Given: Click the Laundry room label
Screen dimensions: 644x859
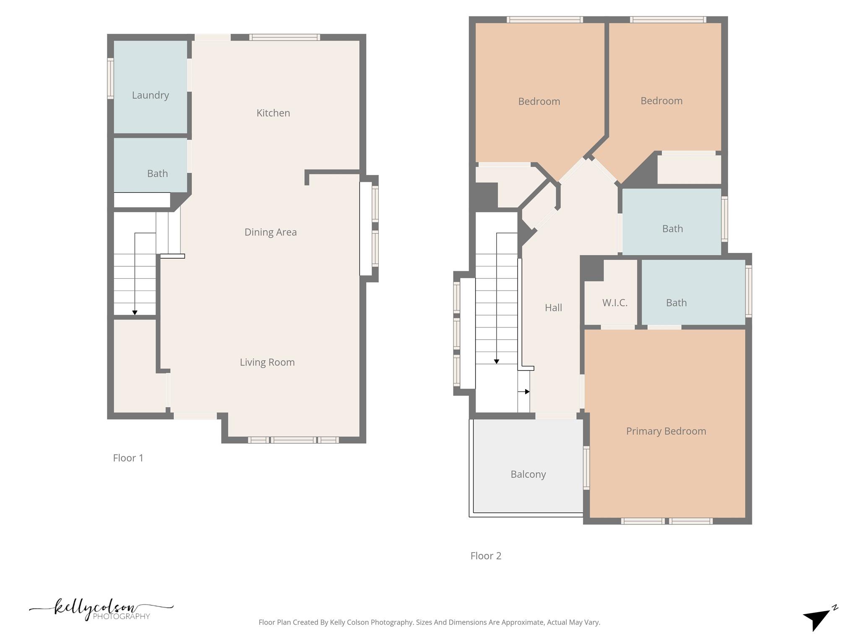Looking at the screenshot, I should pos(150,95).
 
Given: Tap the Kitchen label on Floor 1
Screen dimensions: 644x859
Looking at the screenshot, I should pos(273,113).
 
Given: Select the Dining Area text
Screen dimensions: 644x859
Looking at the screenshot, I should pos(271,232).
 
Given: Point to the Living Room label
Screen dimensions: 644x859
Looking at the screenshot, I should pos(267,362).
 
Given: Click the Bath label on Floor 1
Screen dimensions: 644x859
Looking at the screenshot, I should pos(157,174).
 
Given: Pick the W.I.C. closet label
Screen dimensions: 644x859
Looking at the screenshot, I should pos(615,303).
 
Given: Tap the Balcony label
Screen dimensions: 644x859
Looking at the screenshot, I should pos(528,474).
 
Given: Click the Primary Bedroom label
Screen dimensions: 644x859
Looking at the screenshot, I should pos(666,431).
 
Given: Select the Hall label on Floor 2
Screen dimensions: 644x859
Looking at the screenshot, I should pos(553,308).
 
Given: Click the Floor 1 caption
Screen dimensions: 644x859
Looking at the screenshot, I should pos(128,458).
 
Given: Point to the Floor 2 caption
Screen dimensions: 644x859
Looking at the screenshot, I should pos(486,556).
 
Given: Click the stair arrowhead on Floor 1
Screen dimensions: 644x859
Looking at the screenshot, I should pos(135,313).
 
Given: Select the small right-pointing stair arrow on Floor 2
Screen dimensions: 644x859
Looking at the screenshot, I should pos(527,392).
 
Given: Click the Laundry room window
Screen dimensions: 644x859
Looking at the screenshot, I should pos(110,78).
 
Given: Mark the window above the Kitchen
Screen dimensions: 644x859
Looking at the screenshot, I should pos(284,37).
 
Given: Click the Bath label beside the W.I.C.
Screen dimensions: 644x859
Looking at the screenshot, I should pos(676,303).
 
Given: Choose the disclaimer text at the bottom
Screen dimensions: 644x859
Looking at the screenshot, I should pos(429,622).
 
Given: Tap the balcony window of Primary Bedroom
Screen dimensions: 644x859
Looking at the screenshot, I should pos(586,467).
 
